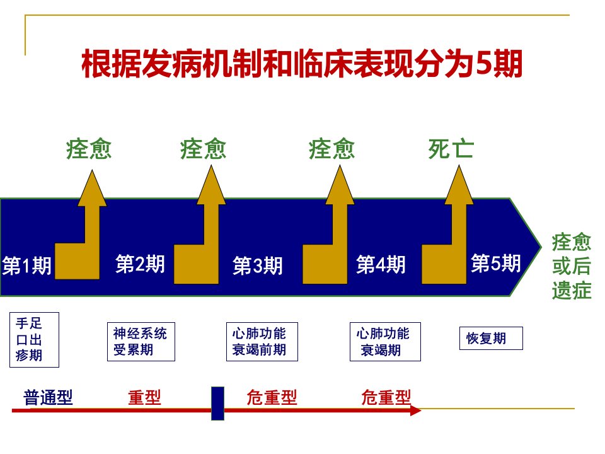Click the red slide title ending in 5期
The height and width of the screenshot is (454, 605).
[302, 63]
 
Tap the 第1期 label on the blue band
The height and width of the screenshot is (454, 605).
[26, 265]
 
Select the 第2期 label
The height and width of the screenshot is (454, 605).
[140, 264]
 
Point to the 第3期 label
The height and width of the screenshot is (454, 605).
[257, 265]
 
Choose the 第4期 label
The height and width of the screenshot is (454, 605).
[381, 264]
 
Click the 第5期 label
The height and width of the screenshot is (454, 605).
[496, 264]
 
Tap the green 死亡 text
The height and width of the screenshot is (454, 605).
[451, 149]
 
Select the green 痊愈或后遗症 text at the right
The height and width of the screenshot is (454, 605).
[572, 266]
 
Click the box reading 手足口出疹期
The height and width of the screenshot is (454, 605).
[34, 340]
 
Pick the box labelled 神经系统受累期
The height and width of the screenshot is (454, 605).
[141, 342]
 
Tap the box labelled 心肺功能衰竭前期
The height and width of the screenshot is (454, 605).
[262, 342]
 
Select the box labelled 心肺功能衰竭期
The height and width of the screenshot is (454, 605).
[385, 342]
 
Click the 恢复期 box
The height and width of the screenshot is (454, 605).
[491, 338]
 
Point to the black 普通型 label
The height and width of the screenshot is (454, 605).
[49, 397]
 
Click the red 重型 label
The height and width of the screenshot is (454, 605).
[144, 397]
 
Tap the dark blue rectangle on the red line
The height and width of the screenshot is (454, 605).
[217, 404]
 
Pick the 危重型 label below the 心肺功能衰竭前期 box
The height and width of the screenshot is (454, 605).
[272, 397]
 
